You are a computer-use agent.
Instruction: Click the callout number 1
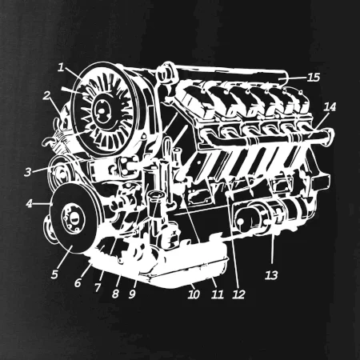(x=61, y=67)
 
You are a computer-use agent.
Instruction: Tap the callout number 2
(x=46, y=95)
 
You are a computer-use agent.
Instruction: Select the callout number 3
(x=28, y=172)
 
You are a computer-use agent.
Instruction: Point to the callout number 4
(x=29, y=204)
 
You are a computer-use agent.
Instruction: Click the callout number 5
(x=54, y=274)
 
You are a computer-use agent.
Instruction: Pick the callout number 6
(x=78, y=283)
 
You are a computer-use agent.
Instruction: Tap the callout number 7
(x=98, y=287)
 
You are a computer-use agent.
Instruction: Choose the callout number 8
(x=115, y=294)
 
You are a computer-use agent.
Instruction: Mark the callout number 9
(x=132, y=294)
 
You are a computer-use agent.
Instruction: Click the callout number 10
(x=194, y=294)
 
